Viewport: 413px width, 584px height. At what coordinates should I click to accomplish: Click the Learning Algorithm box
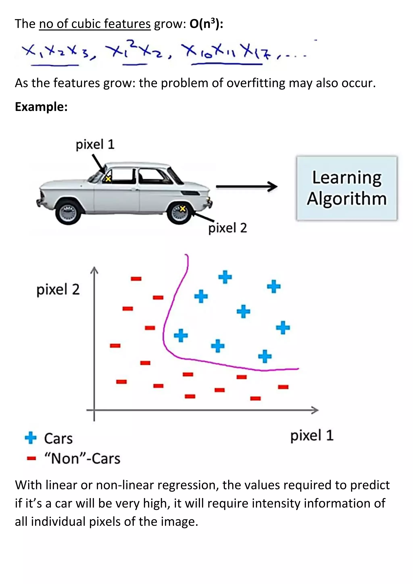coord(347,188)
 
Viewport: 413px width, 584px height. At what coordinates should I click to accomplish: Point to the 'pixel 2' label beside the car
coord(228,228)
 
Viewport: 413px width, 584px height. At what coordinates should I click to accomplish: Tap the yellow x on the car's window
coord(108,179)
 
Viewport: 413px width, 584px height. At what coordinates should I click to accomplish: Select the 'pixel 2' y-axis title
coord(58,289)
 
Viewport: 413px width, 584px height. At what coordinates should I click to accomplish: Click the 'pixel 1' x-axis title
coord(312,435)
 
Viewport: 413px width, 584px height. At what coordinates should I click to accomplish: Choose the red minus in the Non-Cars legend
coord(31,458)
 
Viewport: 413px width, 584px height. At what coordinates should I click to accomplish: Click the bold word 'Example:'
coord(41,106)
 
